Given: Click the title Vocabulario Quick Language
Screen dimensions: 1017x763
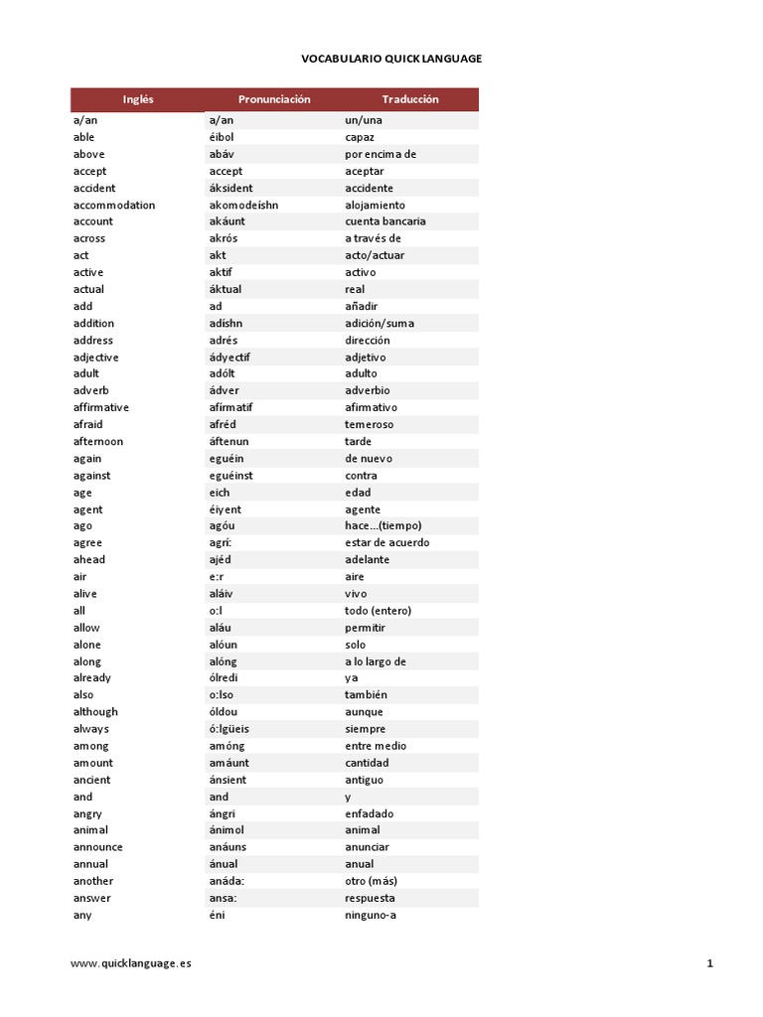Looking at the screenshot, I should (x=391, y=59).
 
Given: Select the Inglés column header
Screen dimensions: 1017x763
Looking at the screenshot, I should (x=138, y=99).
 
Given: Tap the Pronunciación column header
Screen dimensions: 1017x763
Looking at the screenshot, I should (x=274, y=99).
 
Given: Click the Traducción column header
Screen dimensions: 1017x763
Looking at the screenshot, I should (x=410, y=99).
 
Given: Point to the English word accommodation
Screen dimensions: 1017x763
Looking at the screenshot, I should (x=114, y=205).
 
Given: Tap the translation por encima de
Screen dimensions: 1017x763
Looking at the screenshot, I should (x=381, y=154).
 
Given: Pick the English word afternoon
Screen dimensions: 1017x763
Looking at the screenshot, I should (x=98, y=441).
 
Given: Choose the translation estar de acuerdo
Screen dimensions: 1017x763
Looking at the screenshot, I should (x=387, y=543).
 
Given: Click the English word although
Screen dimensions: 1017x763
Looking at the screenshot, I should (x=95, y=712).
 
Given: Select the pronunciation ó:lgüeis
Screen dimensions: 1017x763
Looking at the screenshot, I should (x=229, y=729).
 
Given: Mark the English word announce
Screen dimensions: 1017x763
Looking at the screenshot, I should (x=98, y=847).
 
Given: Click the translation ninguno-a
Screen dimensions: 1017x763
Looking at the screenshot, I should (x=371, y=915).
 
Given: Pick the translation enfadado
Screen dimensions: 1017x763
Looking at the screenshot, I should (x=370, y=813).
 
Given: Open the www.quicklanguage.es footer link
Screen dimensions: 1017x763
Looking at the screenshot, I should (x=132, y=963).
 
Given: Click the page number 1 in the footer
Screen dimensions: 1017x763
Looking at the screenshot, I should (x=710, y=963).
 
